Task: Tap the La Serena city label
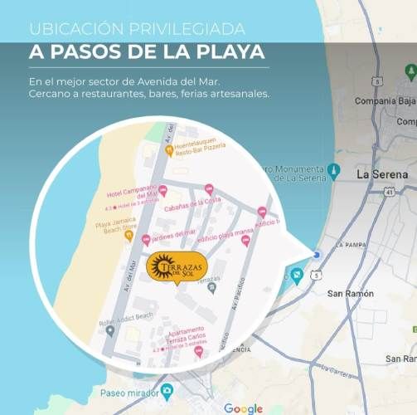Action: coord(381,175)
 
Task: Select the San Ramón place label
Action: coord(351,294)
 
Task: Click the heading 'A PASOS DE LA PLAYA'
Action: coord(147,52)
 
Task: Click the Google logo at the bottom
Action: coord(243,408)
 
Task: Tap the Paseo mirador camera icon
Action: coord(168,390)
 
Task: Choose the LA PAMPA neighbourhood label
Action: coord(351,246)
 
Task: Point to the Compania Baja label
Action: coord(384,100)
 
